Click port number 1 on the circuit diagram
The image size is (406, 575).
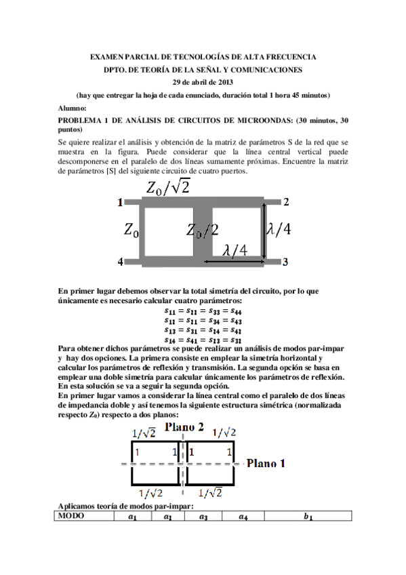(x=120, y=202)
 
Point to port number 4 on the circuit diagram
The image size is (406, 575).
(x=120, y=261)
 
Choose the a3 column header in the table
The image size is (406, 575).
(x=201, y=517)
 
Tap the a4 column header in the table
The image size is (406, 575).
(x=242, y=517)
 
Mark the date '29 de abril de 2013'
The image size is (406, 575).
(x=203, y=82)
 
